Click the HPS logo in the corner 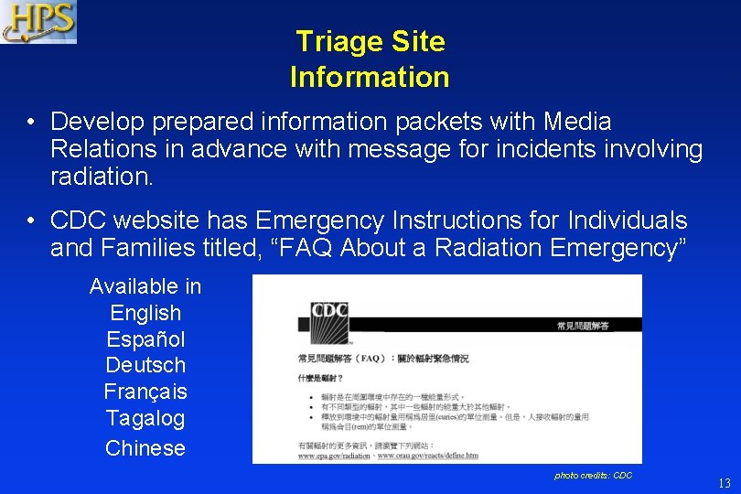coord(38,22)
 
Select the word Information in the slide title coord(370,78)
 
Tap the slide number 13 coord(724,483)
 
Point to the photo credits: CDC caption coord(593,476)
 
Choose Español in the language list coord(145,339)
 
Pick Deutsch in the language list coord(145,366)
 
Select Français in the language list coord(145,392)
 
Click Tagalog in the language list coord(145,419)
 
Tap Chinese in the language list coord(145,448)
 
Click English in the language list coord(145,313)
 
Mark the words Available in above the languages coord(145,286)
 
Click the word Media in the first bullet coord(577,122)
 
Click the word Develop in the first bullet coord(96,122)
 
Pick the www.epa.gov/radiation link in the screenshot coord(335,455)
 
